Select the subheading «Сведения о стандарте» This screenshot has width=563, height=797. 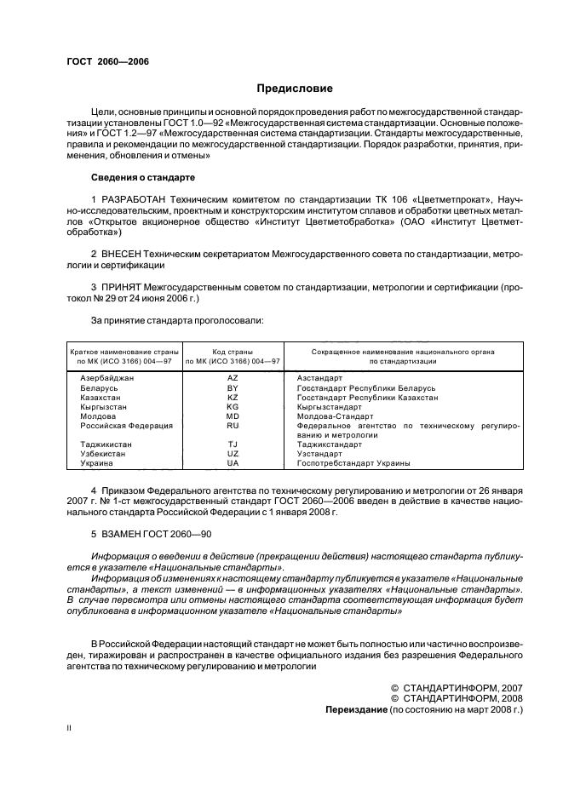[x=142, y=178]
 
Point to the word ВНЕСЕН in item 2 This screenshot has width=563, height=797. [x=124, y=254]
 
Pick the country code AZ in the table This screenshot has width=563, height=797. [x=233, y=377]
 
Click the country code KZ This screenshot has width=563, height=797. [x=233, y=397]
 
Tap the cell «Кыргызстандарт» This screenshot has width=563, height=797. [x=330, y=407]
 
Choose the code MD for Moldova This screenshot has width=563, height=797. [x=233, y=416]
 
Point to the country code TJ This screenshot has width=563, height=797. [x=233, y=444]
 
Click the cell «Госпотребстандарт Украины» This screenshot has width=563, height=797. [x=353, y=463]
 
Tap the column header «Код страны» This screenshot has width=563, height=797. [x=233, y=352]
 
